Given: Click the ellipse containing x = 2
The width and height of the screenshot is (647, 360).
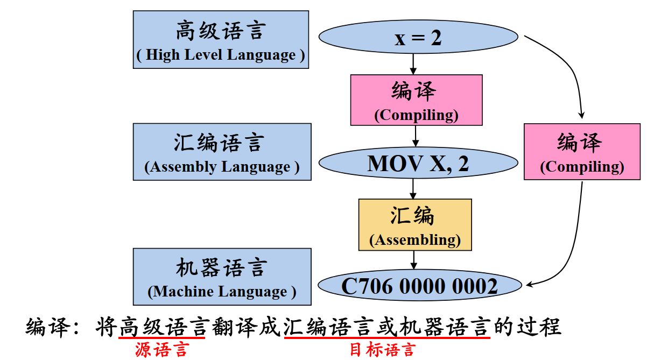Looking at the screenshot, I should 418,38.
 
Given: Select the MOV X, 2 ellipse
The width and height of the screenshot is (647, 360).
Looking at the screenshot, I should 418,163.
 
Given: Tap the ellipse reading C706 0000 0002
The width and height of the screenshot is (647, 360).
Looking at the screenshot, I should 420,286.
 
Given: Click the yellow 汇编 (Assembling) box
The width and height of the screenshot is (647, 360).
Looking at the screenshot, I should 415,224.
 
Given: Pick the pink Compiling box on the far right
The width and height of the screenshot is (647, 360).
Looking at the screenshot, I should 581,151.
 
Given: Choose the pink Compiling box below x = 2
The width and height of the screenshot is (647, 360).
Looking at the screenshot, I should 416,100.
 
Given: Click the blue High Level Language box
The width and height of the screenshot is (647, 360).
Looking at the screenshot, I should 221,40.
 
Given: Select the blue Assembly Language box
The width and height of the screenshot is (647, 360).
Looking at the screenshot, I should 222,152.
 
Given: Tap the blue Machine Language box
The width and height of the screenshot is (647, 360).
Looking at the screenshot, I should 222,277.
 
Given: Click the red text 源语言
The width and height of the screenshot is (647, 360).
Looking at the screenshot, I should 161,350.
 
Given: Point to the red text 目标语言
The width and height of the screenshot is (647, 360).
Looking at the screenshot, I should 383,350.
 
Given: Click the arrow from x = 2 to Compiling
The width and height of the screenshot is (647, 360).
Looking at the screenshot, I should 413,64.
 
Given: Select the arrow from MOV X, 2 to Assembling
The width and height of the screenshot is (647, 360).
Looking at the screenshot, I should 413,188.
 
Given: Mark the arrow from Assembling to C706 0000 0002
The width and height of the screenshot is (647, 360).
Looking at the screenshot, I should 413,259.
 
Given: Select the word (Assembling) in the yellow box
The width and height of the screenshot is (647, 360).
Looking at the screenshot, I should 415,240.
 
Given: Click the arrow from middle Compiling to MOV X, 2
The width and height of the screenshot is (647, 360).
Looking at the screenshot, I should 415,136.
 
